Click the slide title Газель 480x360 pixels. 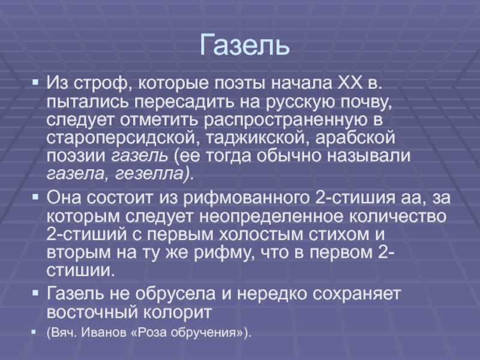(245, 46)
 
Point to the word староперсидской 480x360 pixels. (121, 138)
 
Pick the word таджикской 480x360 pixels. (256, 138)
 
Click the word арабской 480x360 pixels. (355, 137)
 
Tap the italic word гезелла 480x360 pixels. (149, 174)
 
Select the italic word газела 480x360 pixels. (76, 174)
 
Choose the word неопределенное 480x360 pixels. (271, 217)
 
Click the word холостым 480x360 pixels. (260, 235)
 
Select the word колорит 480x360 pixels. (178, 313)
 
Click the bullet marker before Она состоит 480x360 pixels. (35, 197)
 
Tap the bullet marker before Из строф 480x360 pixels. (35, 82)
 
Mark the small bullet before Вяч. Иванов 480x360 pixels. (34, 332)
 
